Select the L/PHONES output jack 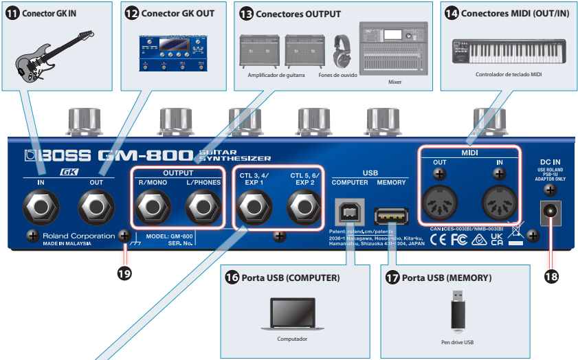pos(202,205)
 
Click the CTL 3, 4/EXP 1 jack pos(252,205)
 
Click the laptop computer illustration pos(292,315)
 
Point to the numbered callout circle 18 pos(551,276)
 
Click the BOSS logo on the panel pos(55,155)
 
